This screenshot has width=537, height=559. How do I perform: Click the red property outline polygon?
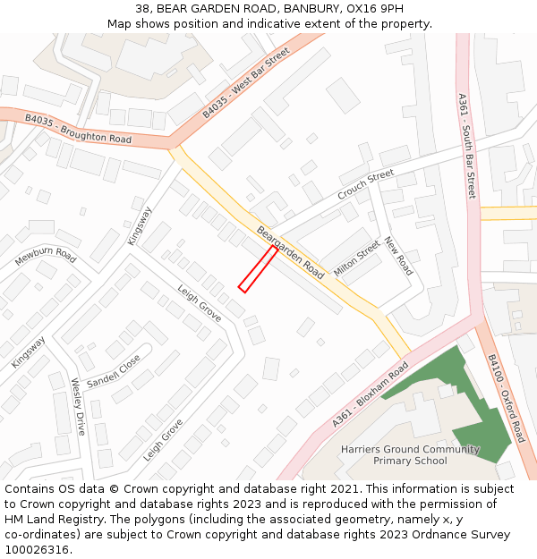tap(258, 268)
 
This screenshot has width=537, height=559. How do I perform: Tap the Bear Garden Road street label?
tap(290, 252)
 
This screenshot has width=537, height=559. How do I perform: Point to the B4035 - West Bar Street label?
tap(246, 84)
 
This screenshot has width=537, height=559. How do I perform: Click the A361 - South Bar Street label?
tap(465, 146)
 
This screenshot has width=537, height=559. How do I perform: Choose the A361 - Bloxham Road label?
tap(370, 394)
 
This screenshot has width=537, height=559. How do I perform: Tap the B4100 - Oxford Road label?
tap(506, 398)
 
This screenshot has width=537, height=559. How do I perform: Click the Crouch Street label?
tap(365, 184)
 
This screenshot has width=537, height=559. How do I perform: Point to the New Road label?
tap(397, 256)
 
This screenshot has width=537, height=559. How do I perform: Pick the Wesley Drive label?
tap(78, 406)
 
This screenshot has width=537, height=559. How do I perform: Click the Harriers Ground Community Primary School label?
tap(410, 455)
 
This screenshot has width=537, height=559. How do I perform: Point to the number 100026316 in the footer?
tap(37, 549)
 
